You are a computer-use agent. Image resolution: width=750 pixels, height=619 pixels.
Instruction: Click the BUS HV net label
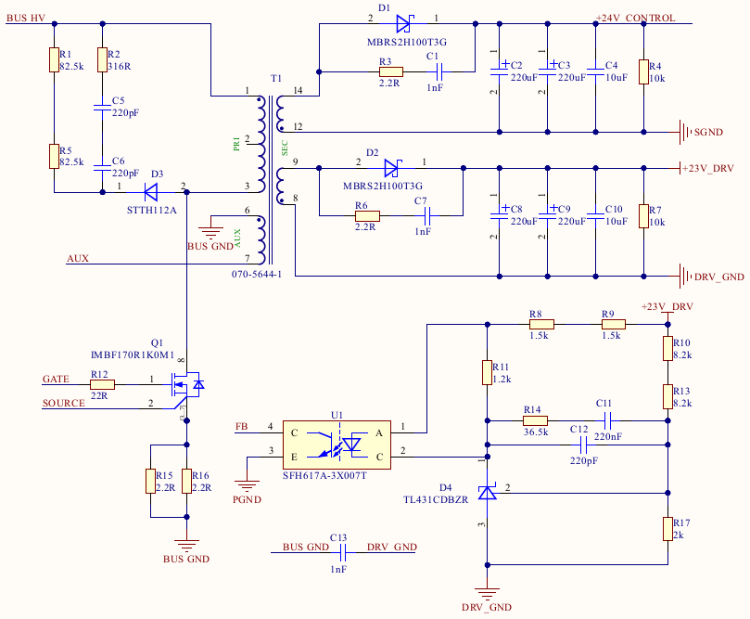pos(25,19)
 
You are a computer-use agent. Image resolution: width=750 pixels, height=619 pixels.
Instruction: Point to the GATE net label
pos(57,379)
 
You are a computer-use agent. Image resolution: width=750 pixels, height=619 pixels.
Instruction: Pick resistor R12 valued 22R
pos(102,383)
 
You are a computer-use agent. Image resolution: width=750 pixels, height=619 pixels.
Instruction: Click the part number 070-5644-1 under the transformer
pos(256,275)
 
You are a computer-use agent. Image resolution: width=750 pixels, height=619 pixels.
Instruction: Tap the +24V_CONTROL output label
pos(635,19)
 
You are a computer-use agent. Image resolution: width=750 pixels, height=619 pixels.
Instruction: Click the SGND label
pos(709,132)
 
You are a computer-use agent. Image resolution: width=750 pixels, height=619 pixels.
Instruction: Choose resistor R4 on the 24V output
pos(643,72)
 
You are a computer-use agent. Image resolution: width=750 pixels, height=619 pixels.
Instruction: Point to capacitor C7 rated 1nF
pos(426,217)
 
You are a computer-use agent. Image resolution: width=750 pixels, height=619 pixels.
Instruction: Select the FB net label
pos(242,427)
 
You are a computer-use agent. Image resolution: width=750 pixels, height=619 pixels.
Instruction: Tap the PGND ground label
pos(249,499)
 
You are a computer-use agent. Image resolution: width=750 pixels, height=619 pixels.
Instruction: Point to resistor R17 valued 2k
pos(667,528)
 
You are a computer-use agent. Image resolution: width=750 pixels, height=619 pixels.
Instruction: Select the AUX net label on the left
pos(78,258)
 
